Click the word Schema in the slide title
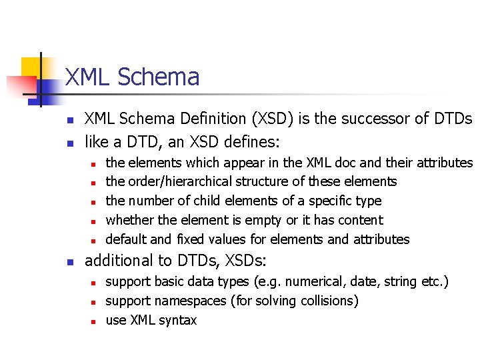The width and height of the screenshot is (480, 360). click(x=158, y=77)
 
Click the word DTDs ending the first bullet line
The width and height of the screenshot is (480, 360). click(x=453, y=119)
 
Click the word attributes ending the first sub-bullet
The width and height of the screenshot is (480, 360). click(x=445, y=162)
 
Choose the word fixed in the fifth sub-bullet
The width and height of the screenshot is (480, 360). click(x=198, y=239)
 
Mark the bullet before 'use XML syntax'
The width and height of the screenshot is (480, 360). click(x=94, y=321)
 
